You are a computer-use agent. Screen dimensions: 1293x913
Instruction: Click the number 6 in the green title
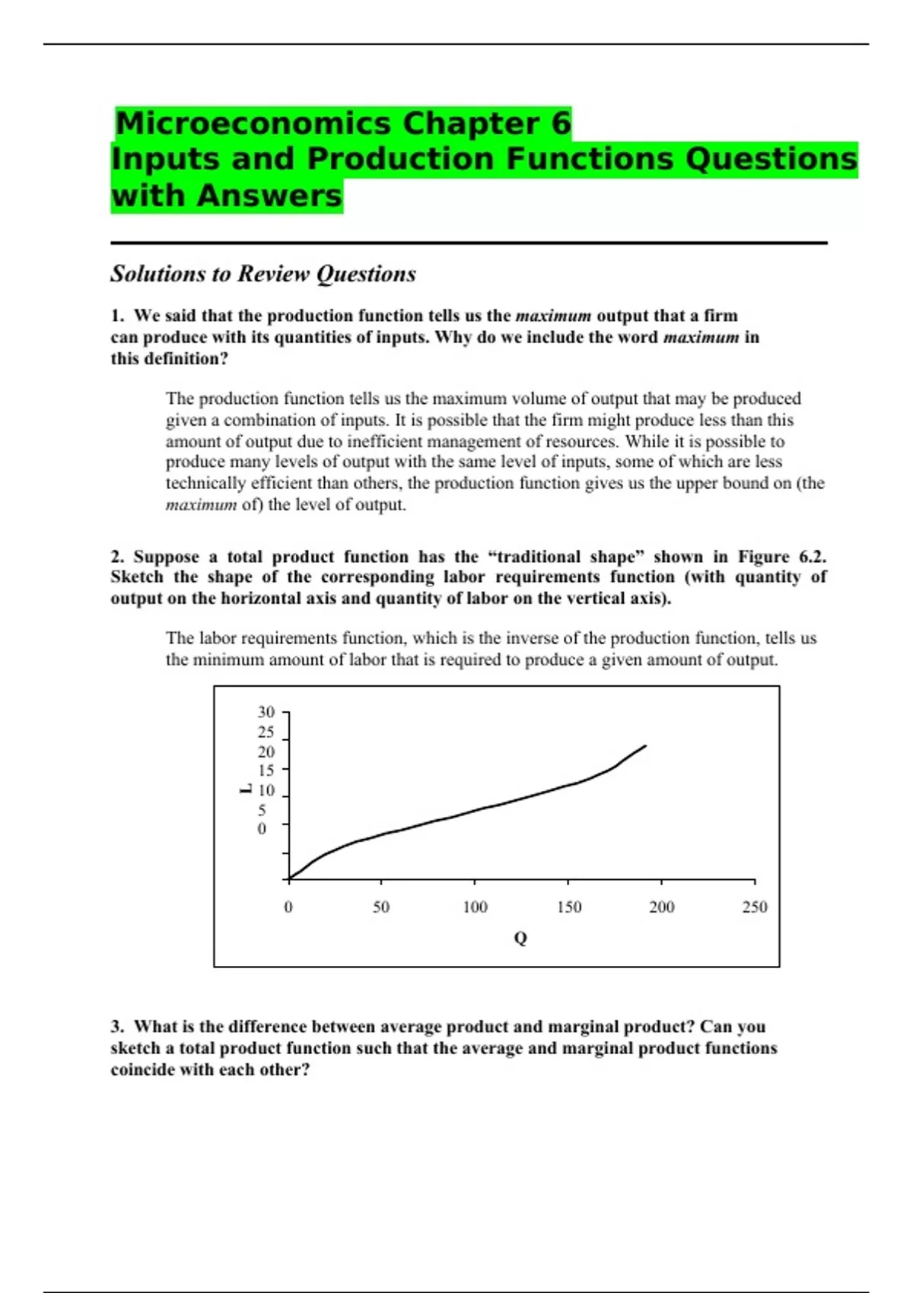(x=561, y=123)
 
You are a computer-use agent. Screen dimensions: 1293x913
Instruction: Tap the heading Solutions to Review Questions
(x=263, y=274)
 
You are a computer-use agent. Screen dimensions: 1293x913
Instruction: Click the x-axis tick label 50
(x=381, y=907)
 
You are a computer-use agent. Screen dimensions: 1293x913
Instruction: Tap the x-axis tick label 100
(x=475, y=907)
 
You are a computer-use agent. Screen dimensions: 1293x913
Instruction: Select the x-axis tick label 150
(x=568, y=907)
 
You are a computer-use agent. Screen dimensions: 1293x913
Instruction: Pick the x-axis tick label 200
(x=661, y=907)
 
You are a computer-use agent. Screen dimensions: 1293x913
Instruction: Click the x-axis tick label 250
(x=755, y=907)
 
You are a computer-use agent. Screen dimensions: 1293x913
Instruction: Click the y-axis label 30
(x=266, y=713)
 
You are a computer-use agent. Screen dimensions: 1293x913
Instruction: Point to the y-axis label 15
(x=266, y=770)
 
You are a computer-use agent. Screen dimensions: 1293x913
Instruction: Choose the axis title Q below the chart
(x=520, y=939)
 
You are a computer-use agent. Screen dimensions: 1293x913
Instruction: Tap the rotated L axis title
(x=245, y=789)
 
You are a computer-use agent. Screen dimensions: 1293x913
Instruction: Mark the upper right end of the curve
(x=645, y=746)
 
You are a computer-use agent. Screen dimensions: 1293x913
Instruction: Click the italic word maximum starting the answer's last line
(x=201, y=505)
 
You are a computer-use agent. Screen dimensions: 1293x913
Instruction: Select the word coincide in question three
(x=142, y=1070)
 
